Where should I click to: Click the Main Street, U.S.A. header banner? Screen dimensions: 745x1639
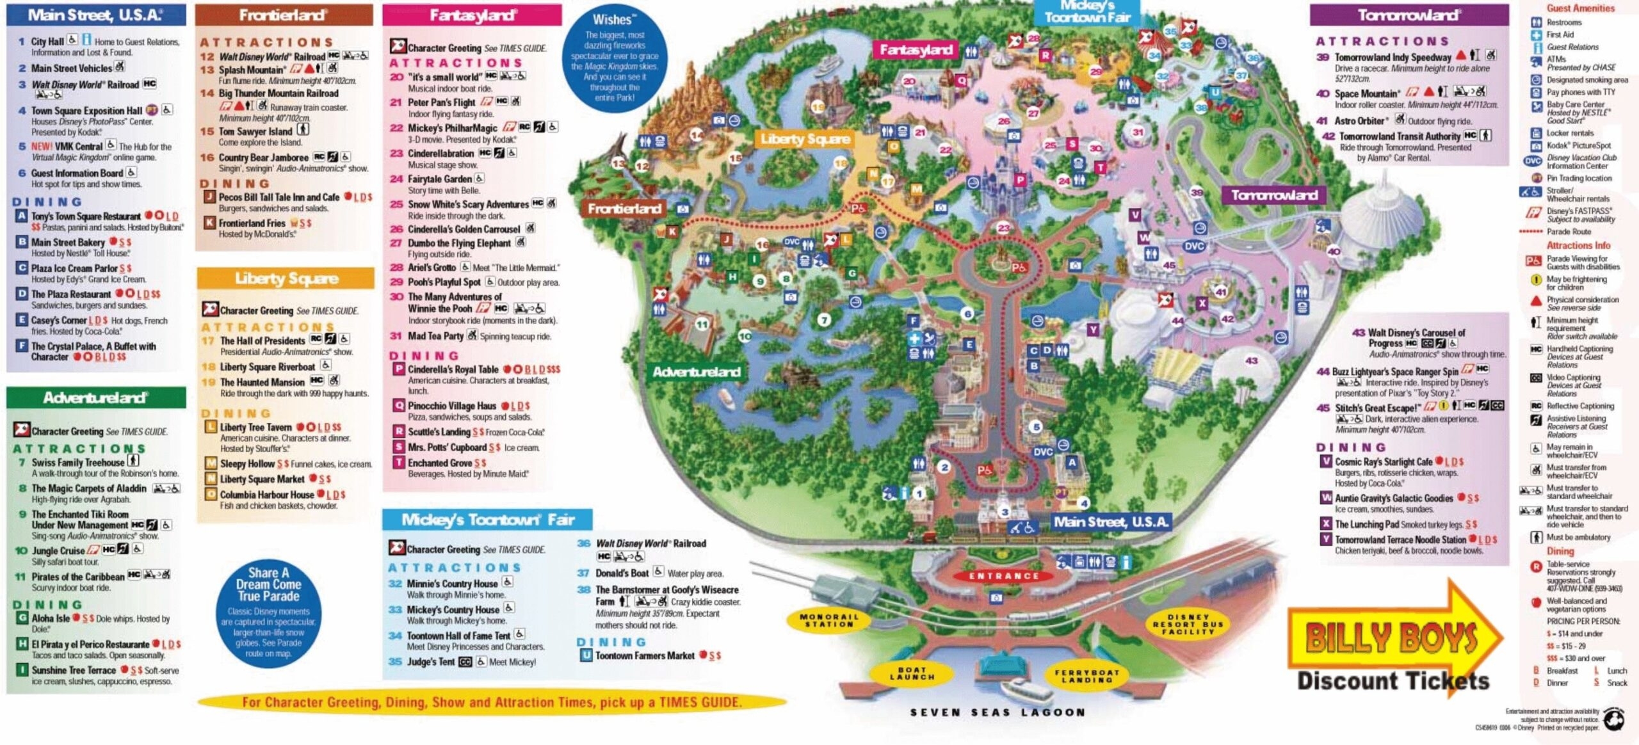pyautogui.click(x=96, y=15)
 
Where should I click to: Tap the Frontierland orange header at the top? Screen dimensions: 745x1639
pyautogui.click(x=284, y=15)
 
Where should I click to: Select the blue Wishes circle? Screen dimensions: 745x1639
pyautogui.click(x=614, y=59)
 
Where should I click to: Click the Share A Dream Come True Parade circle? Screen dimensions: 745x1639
pyautogui.click(x=268, y=613)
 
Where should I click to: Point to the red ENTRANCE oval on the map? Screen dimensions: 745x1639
pyautogui.click(x=1004, y=575)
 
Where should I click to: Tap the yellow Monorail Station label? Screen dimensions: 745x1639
pyautogui.click(x=828, y=620)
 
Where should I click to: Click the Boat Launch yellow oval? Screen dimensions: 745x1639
pyautogui.click(x=912, y=673)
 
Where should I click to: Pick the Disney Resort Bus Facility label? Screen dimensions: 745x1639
pyautogui.click(x=1188, y=624)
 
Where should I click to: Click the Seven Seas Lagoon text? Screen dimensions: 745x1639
pyautogui.click(x=998, y=712)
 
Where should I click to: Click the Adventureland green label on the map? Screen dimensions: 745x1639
pyautogui.click(x=696, y=372)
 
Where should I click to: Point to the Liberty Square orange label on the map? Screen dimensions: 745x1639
pyautogui.click(x=805, y=139)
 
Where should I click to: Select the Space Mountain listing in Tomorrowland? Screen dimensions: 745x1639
pyautogui.click(x=1366, y=93)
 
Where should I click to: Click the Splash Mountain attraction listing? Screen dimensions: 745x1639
pyautogui.click(x=252, y=69)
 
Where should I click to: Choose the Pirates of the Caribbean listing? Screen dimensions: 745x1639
pyautogui.click(x=78, y=576)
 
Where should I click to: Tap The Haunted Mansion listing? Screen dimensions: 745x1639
pyautogui.click(x=262, y=381)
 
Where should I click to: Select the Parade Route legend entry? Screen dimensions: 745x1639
pyautogui.click(x=1568, y=232)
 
